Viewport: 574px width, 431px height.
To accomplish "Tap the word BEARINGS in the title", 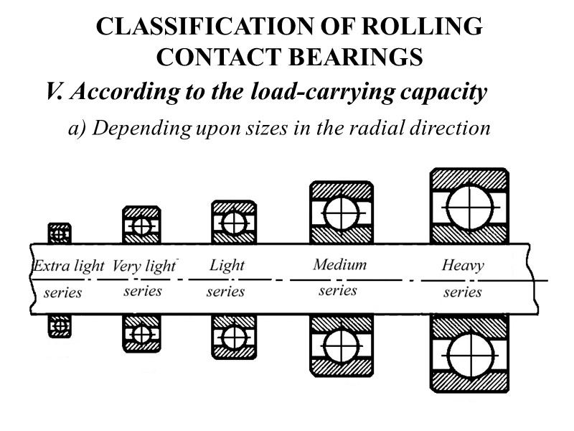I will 352,57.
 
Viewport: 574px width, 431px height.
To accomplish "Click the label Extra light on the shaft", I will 69,267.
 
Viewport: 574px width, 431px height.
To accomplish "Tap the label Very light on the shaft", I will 143,267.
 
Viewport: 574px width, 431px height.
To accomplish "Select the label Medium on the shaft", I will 339,264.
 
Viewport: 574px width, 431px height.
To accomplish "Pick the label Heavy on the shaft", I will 463,266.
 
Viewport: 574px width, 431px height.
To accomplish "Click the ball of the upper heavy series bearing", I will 469,206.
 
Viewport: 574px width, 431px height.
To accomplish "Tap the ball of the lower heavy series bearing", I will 469,353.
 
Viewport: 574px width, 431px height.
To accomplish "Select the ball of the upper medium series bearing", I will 341,213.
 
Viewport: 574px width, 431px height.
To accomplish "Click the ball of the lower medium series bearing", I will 341,347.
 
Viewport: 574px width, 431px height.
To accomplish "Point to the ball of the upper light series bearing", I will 234,223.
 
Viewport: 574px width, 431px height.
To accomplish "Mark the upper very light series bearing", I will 141,226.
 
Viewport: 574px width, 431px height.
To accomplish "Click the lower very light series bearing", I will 141,334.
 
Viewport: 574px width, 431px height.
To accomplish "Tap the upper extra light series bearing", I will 60,233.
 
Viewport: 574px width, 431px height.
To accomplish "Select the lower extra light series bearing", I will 60,327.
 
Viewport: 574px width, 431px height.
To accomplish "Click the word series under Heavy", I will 463,292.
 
